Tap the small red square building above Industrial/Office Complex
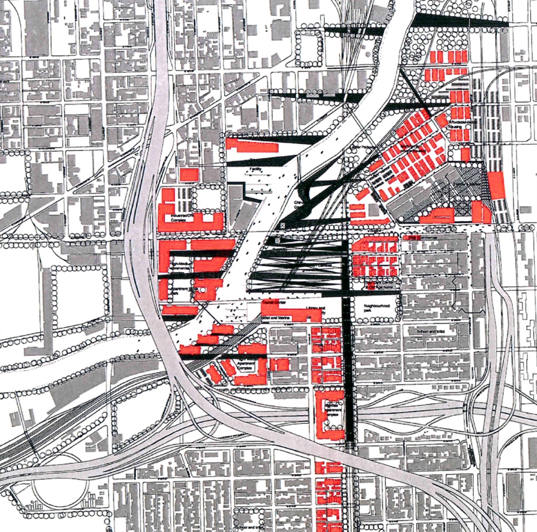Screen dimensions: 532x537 (x=189, y=175)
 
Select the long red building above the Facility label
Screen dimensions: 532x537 (x=252, y=146)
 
